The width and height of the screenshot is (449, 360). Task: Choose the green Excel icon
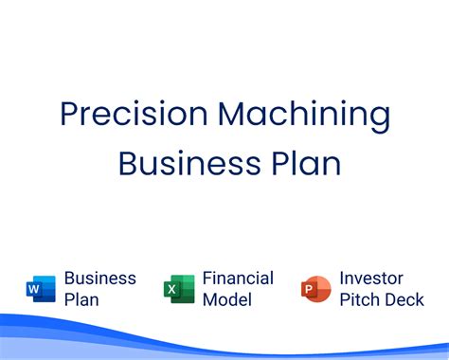(179, 288)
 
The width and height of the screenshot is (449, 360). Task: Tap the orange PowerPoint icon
(315, 288)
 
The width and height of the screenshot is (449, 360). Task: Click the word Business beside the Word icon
(99, 279)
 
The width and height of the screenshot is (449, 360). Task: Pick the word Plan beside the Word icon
(82, 299)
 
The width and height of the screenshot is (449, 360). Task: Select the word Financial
(238, 279)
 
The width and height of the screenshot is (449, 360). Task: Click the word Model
(227, 299)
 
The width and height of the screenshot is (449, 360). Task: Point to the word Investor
(371, 279)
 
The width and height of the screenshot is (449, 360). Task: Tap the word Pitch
(360, 299)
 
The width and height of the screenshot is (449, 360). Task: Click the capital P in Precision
(68, 116)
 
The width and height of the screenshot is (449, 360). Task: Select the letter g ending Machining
(379, 119)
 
